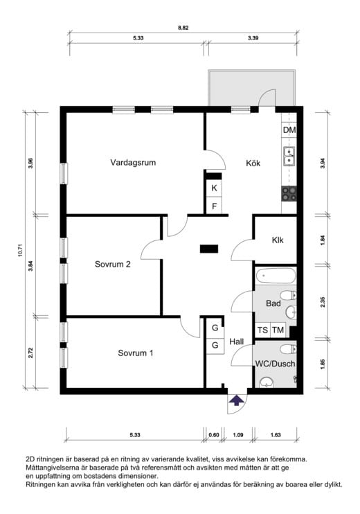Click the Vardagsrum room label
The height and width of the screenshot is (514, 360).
pos(132,163)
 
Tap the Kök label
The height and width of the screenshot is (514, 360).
pos(253,164)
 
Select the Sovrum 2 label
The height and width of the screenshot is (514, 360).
pos(113,264)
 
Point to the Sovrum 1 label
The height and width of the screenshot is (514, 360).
pos(136,353)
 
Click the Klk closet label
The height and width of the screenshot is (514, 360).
pos(280,240)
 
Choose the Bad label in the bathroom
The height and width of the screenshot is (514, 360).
pos(273,303)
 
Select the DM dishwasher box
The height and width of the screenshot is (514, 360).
pos(289,130)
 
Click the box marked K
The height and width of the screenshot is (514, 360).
pos(215,188)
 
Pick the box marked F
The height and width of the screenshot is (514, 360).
pos(215,206)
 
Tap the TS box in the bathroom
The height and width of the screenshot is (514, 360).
pos(262,330)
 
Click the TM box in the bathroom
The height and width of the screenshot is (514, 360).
pos(278,330)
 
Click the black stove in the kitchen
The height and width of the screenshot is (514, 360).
pos(289,193)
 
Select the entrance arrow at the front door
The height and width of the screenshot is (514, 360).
pos(237,399)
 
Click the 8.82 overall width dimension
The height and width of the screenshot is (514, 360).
pos(183,28)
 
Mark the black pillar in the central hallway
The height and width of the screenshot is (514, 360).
pos(208,247)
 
